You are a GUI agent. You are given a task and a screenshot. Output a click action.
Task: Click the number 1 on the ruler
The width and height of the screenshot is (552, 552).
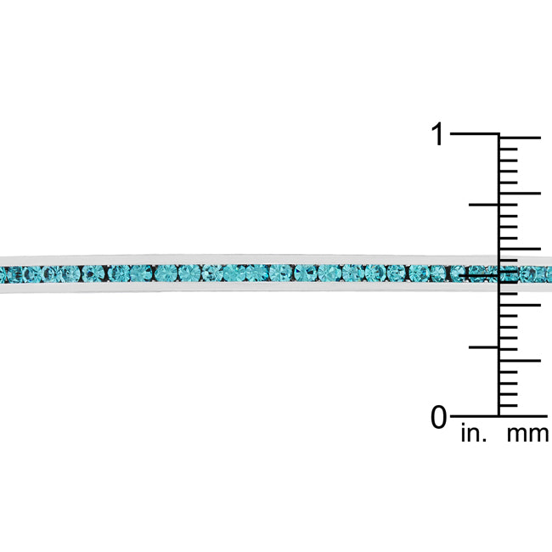tap(437, 134)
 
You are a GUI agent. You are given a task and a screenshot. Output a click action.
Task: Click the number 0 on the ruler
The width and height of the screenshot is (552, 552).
tap(439, 417)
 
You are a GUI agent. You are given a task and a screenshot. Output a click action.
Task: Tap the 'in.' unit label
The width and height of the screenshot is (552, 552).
tap(474, 433)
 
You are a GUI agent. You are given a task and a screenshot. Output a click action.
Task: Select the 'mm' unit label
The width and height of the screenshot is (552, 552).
tap(527, 434)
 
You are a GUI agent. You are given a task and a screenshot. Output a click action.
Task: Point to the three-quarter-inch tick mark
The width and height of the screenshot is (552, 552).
tap(484, 205)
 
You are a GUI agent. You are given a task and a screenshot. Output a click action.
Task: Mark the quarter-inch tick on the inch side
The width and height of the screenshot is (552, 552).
tap(484, 347)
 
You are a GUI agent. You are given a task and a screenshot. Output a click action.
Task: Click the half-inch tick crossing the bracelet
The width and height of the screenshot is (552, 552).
tap(479, 275)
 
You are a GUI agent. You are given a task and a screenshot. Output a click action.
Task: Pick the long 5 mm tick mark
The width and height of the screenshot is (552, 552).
tap(520, 360)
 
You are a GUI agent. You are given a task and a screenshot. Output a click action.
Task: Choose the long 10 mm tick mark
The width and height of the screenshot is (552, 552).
tap(520, 305)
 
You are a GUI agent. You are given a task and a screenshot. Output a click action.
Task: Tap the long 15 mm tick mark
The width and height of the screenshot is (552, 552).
tap(520, 249)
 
